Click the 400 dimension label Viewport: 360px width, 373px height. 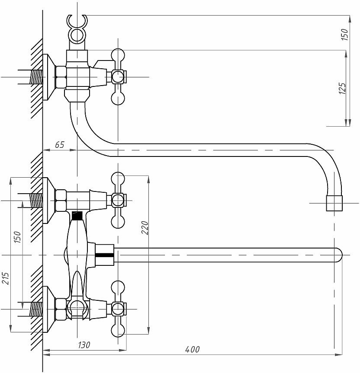(193, 350)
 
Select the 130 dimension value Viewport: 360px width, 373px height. (84, 345)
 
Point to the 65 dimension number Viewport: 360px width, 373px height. (60, 145)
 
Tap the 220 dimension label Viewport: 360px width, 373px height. (145, 228)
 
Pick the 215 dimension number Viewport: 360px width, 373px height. (5, 278)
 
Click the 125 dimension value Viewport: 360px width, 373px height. (342, 88)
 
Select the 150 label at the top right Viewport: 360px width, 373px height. (344, 34)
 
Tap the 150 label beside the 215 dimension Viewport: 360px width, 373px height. (17, 237)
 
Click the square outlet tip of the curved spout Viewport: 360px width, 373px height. (334, 203)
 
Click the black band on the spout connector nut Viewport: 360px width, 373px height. (105, 255)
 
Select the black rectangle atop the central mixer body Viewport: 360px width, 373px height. (77, 216)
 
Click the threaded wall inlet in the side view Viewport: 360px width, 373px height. (36, 77)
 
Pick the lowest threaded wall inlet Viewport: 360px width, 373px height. (36, 309)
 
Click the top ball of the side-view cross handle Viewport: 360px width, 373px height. (118, 55)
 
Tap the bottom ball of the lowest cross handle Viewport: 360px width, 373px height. (118, 330)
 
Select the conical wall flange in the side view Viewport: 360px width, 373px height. (49, 77)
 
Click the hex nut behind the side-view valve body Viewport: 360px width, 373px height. (61, 77)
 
